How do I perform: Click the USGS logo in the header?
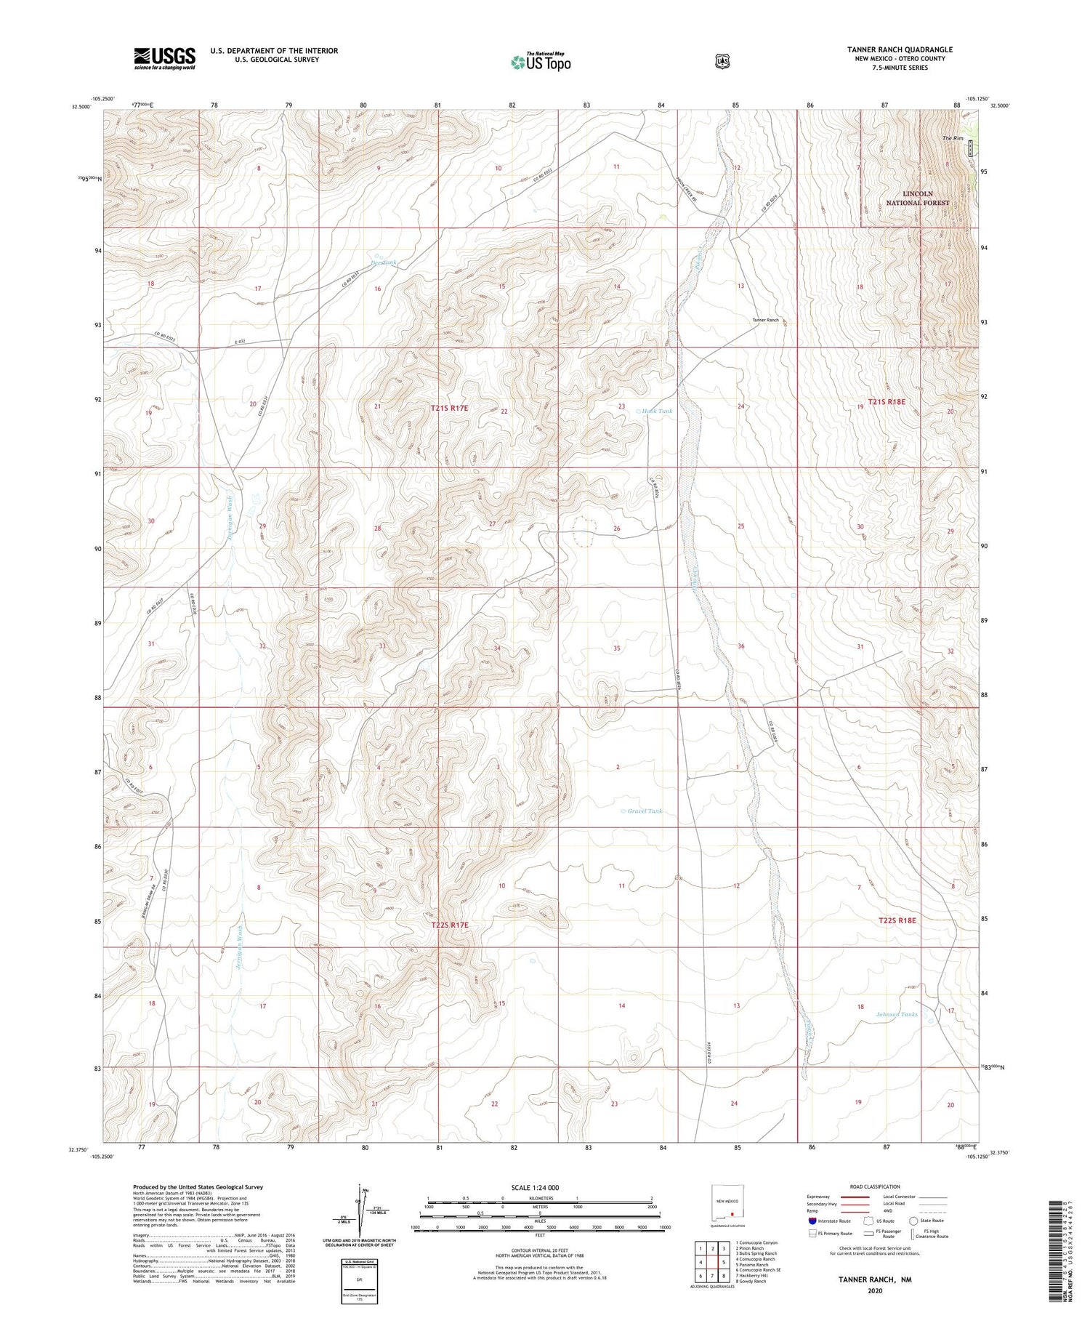[x=164, y=58]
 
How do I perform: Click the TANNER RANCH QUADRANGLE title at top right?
[x=900, y=49]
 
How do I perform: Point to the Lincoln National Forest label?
[x=917, y=198]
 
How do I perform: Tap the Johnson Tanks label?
[x=897, y=1014]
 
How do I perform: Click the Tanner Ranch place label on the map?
[x=765, y=320]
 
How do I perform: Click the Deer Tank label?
[x=384, y=262]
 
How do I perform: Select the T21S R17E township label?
[x=449, y=409]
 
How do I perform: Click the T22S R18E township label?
[x=897, y=920]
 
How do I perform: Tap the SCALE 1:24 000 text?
[x=535, y=1188]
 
